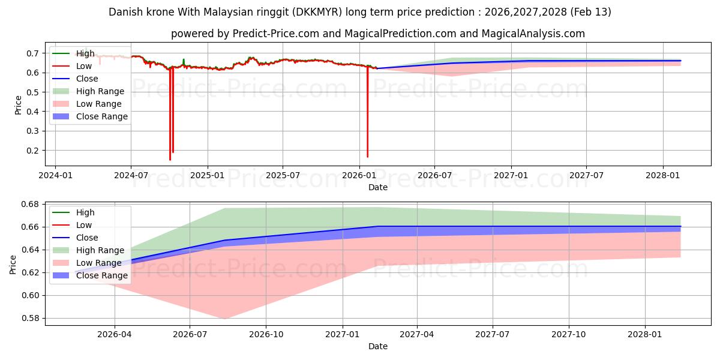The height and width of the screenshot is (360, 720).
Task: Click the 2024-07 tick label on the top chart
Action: (131, 175)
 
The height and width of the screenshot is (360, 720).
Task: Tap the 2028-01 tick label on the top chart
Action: (662, 175)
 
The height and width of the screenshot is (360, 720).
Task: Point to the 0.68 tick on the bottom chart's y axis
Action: (29, 205)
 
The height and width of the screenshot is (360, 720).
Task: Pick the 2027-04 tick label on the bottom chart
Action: (417, 334)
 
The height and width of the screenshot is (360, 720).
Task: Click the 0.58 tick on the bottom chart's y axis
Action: (29, 319)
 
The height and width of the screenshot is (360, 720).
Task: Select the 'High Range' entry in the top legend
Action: (100, 91)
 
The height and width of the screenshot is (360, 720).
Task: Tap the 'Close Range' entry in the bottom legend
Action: (102, 275)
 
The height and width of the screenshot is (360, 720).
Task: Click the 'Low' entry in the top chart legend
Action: (84, 66)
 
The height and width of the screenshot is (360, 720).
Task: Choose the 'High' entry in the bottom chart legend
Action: (85, 212)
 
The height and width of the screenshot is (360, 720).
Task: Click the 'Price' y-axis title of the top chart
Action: (18, 105)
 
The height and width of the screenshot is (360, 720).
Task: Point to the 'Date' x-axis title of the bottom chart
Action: (378, 346)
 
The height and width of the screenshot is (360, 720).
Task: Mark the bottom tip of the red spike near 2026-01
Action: (367, 157)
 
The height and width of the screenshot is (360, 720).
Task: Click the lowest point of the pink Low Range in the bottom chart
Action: (225, 319)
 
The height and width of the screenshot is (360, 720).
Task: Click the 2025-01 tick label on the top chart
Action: (207, 175)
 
